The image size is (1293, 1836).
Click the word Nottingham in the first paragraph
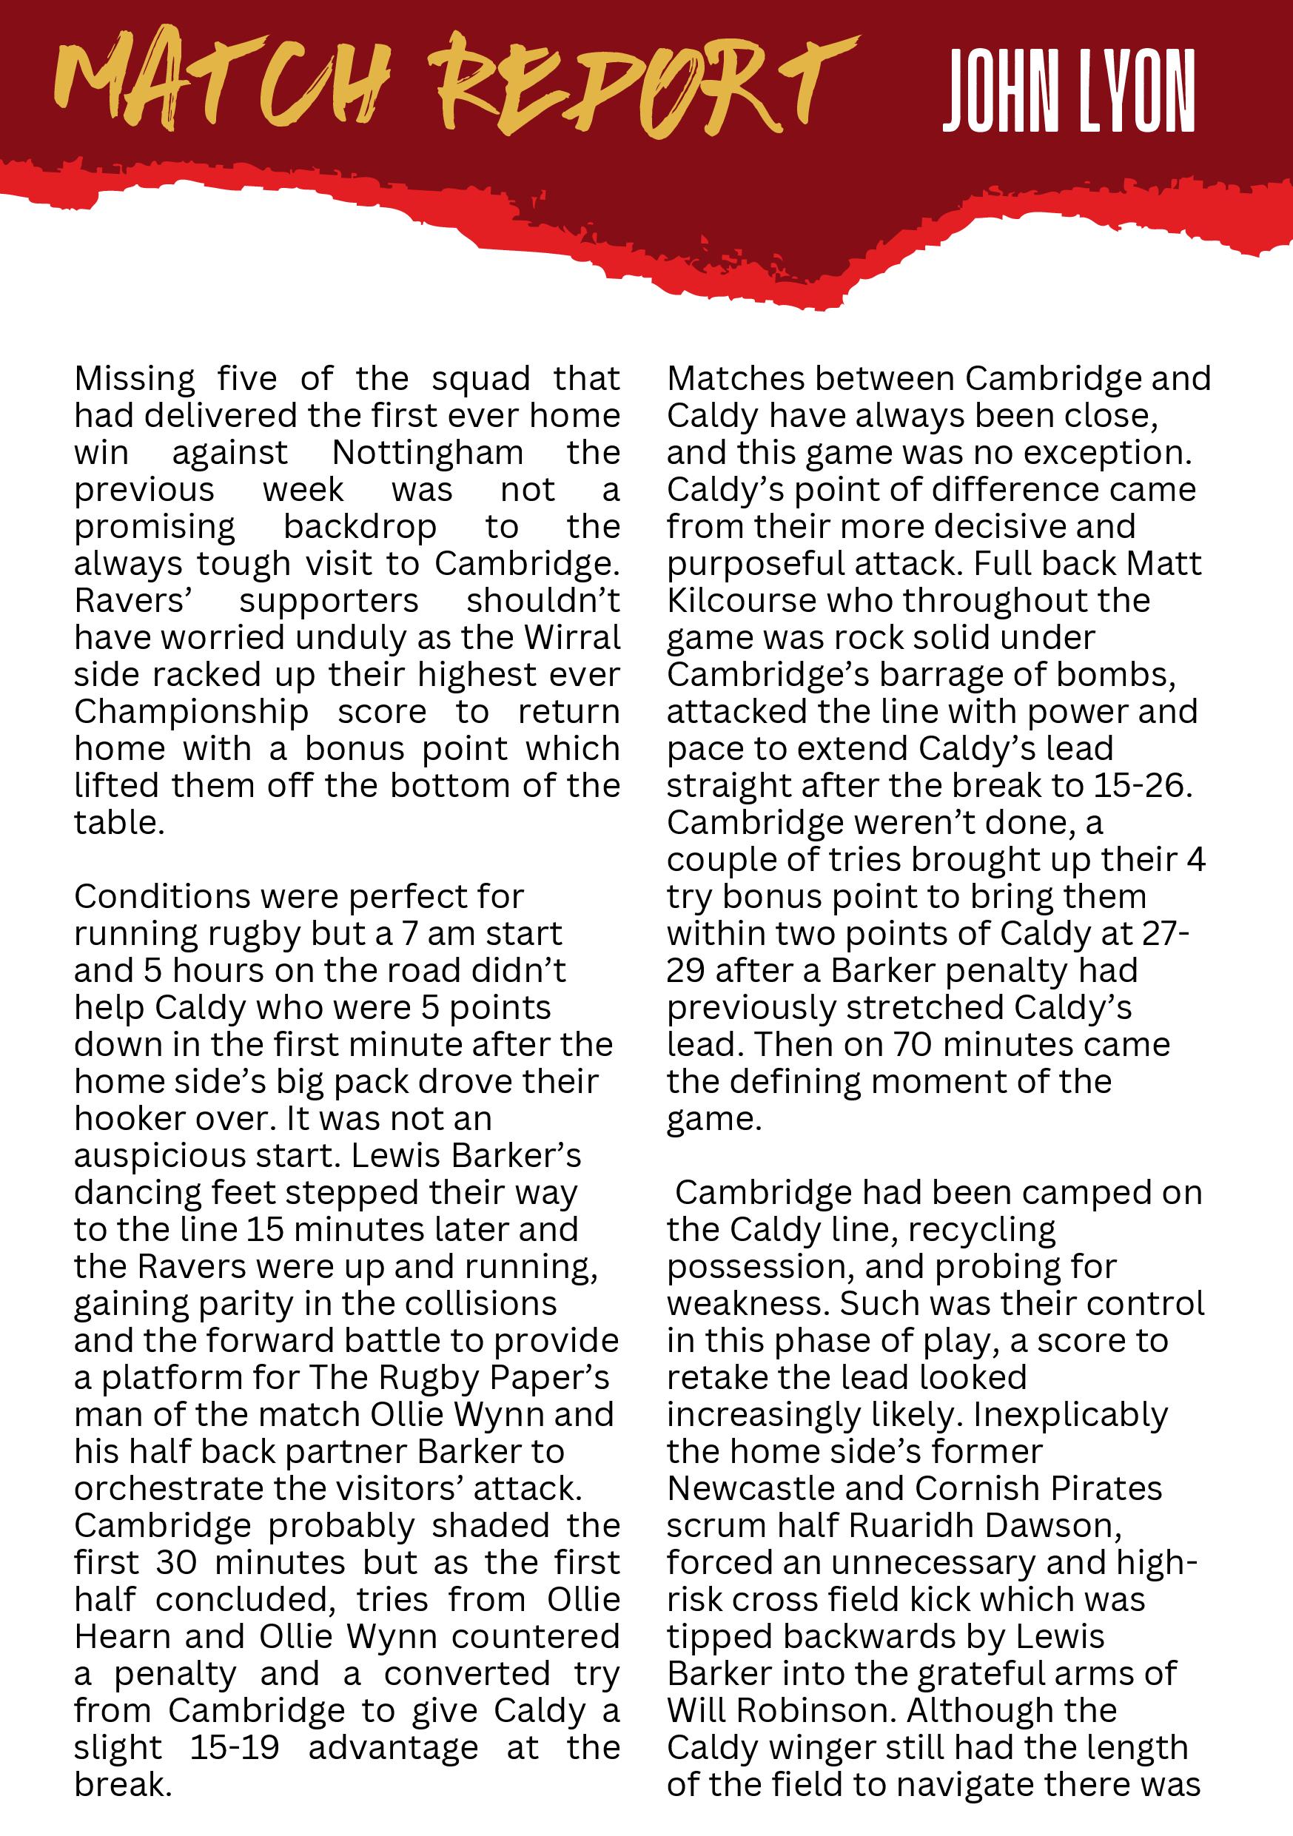click(428, 453)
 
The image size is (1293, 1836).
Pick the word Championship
click(192, 712)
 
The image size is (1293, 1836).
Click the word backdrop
click(360, 527)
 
